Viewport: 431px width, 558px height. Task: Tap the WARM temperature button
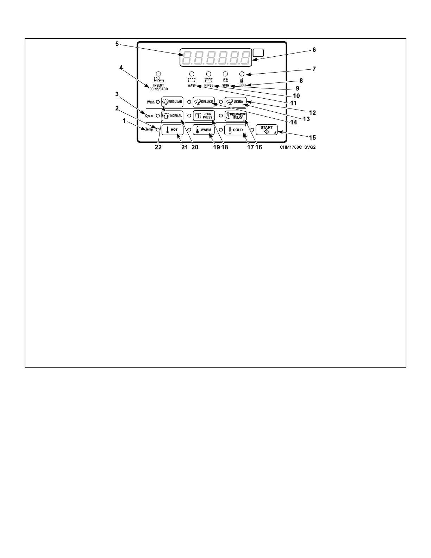click(x=204, y=130)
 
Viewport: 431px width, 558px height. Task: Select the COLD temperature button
click(x=235, y=130)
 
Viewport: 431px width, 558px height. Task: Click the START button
click(x=267, y=130)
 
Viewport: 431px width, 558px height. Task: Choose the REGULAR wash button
click(x=172, y=102)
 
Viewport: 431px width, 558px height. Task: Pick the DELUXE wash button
click(x=204, y=102)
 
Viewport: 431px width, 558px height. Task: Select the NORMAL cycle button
click(x=172, y=116)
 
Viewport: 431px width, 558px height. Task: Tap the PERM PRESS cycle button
click(x=204, y=116)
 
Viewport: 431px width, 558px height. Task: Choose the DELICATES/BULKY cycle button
click(x=235, y=116)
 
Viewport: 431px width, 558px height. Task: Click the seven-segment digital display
click(x=216, y=57)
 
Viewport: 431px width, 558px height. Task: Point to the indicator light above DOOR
click(x=242, y=74)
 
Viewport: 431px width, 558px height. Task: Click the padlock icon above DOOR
click(x=242, y=80)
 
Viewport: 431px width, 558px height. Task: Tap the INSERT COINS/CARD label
click(x=158, y=87)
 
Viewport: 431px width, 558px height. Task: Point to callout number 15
click(x=312, y=138)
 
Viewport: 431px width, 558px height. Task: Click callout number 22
click(x=158, y=148)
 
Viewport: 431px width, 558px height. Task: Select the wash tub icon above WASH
click(x=192, y=80)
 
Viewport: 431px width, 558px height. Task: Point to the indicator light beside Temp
click(x=158, y=130)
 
